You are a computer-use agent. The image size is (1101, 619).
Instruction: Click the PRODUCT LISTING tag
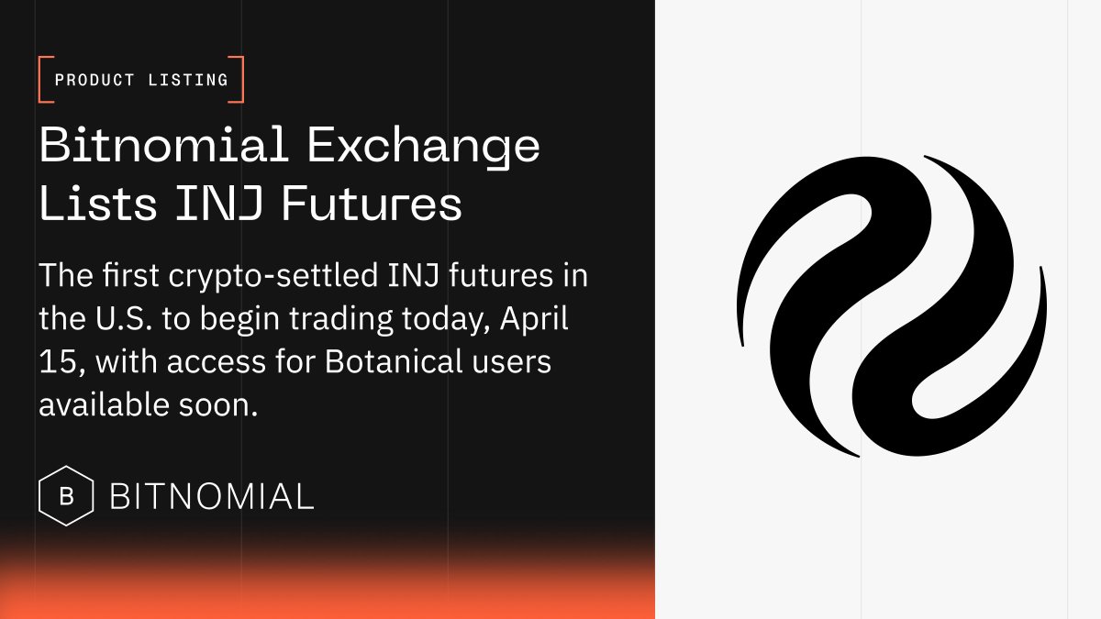pyautogui.click(x=141, y=80)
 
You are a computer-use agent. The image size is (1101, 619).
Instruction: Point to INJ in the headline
pyautogui.click(x=219, y=204)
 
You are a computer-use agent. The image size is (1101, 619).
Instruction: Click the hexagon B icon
pyautogui.click(x=66, y=497)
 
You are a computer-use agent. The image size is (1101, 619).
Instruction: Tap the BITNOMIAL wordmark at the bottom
pyautogui.click(x=212, y=497)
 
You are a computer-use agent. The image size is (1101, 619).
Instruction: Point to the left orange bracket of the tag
pyautogui.click(x=42, y=80)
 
